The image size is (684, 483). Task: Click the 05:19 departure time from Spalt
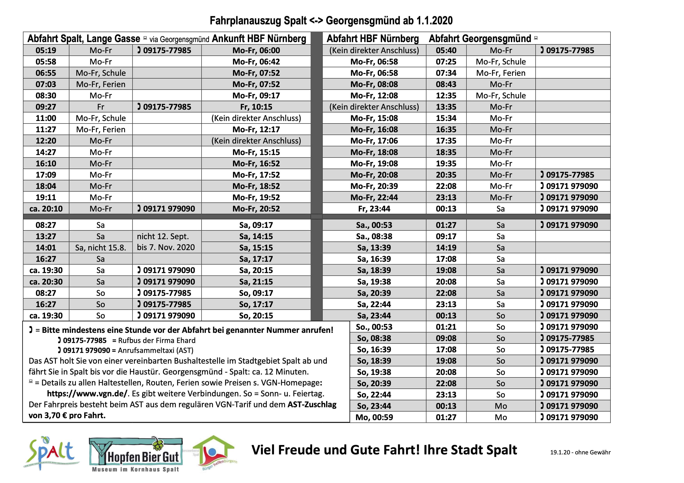(46, 50)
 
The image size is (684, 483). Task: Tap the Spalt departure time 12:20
(46, 141)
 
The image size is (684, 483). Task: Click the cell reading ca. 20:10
(46, 209)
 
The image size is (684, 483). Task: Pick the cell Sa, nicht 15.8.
(100, 248)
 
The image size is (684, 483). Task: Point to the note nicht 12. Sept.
(163, 236)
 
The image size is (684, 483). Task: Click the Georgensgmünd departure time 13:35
(446, 107)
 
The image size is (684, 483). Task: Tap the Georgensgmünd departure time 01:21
(446, 327)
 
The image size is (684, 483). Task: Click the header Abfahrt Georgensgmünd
(480, 39)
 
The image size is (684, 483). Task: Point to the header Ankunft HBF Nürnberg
(259, 39)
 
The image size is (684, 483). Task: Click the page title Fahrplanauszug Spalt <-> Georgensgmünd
(331, 20)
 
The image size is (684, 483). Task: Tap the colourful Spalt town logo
(51, 453)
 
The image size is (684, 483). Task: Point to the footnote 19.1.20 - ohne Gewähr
(580, 452)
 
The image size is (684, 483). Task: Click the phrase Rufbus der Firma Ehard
(157, 340)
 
